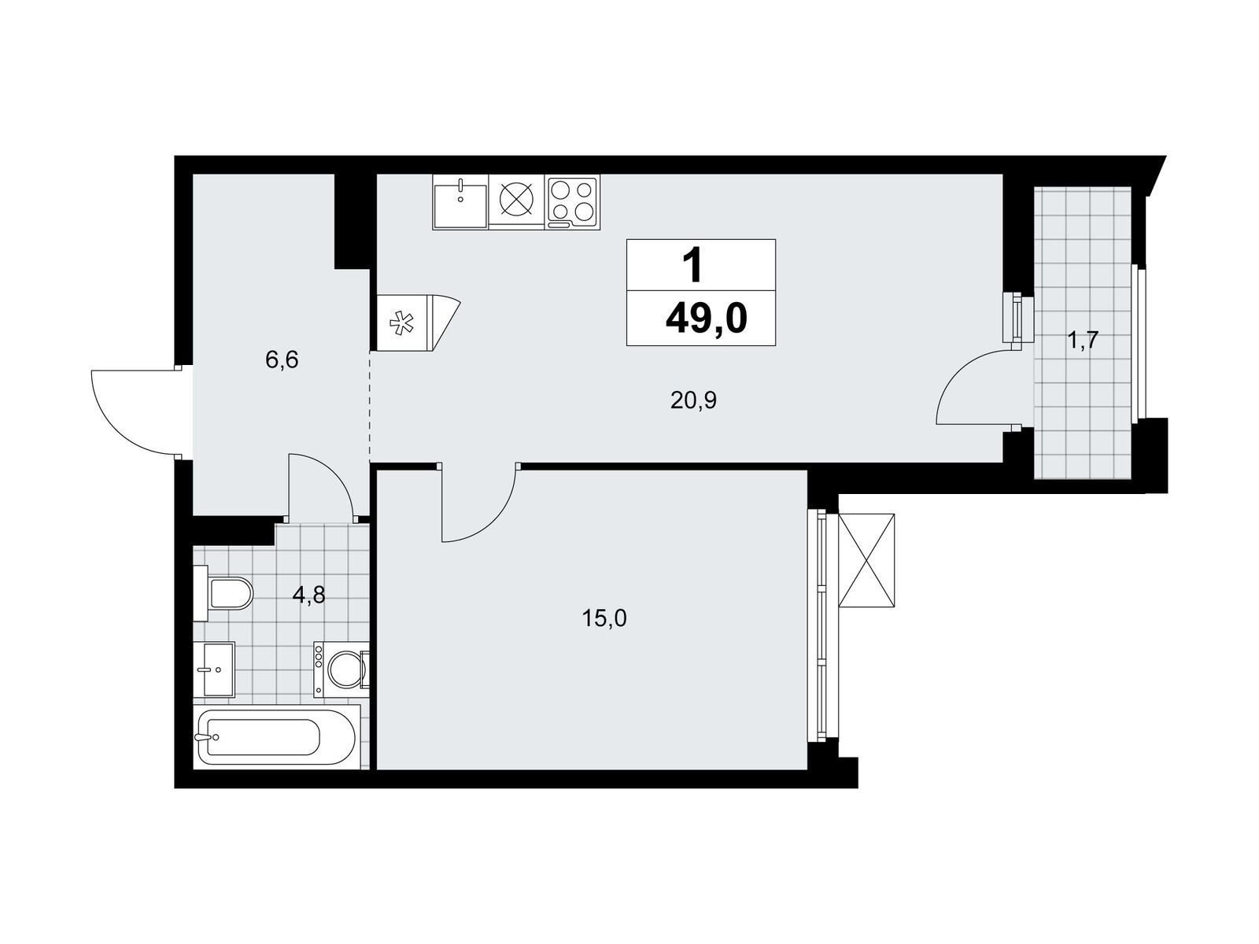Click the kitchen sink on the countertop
(x=460, y=201)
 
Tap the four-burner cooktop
(x=571, y=201)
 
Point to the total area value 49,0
(x=706, y=319)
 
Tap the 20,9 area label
(x=693, y=401)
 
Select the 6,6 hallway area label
(x=282, y=360)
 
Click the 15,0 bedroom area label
(x=604, y=619)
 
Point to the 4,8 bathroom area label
(x=308, y=596)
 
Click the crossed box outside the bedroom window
(x=866, y=560)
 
